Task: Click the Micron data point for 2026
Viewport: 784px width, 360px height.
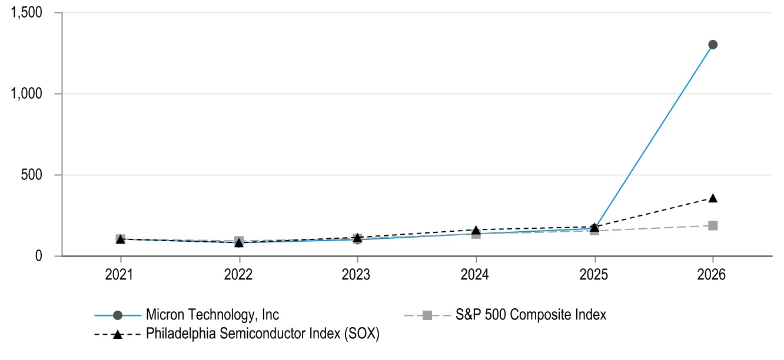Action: point(713,45)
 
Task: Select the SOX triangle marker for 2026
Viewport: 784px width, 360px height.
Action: point(713,198)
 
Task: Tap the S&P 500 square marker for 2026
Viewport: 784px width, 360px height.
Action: point(713,225)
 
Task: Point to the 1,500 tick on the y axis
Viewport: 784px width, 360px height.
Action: point(26,12)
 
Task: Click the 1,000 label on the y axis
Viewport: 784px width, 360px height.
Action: point(26,94)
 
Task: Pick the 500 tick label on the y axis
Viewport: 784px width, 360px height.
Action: point(32,175)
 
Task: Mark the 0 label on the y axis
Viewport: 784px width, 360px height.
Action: point(38,256)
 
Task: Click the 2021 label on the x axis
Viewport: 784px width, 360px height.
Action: point(119,275)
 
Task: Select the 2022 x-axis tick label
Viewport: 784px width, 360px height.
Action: point(238,275)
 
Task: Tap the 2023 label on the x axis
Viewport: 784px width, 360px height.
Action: point(356,275)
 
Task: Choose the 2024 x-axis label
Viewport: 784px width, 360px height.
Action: point(474,275)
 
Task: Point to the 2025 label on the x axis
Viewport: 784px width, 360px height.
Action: point(594,275)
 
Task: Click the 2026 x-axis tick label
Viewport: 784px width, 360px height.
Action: point(711,275)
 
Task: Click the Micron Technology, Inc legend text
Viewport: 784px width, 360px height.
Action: point(212,315)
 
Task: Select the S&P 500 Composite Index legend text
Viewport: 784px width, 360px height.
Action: point(530,315)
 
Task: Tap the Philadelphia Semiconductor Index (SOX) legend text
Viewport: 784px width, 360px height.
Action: point(263,334)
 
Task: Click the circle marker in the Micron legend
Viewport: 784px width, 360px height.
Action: point(118,315)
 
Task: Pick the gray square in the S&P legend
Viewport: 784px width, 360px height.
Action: point(427,315)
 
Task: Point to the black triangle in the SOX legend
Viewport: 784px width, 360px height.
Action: point(118,335)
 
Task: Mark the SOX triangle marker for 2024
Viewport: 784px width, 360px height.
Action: point(476,230)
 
